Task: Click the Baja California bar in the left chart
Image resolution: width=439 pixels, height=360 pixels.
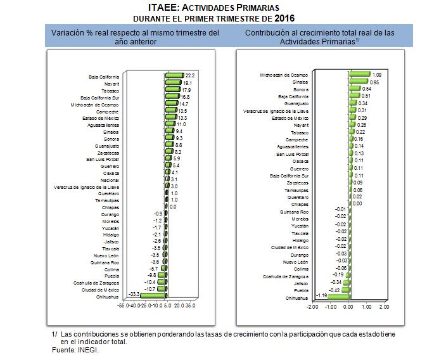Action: pyautogui.click(x=174, y=75)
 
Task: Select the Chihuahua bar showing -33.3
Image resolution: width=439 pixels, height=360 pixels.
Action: pyautogui.click(x=153, y=295)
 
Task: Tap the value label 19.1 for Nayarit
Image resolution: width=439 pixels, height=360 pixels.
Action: pyautogui.click(x=188, y=82)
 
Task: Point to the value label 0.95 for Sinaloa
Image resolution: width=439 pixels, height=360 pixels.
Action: pyautogui.click(x=374, y=82)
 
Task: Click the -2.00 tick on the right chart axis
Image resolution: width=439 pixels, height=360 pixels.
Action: pyautogui.click(x=312, y=307)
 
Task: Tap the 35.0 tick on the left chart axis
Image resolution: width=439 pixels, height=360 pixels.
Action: pyautogui.click(x=190, y=305)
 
